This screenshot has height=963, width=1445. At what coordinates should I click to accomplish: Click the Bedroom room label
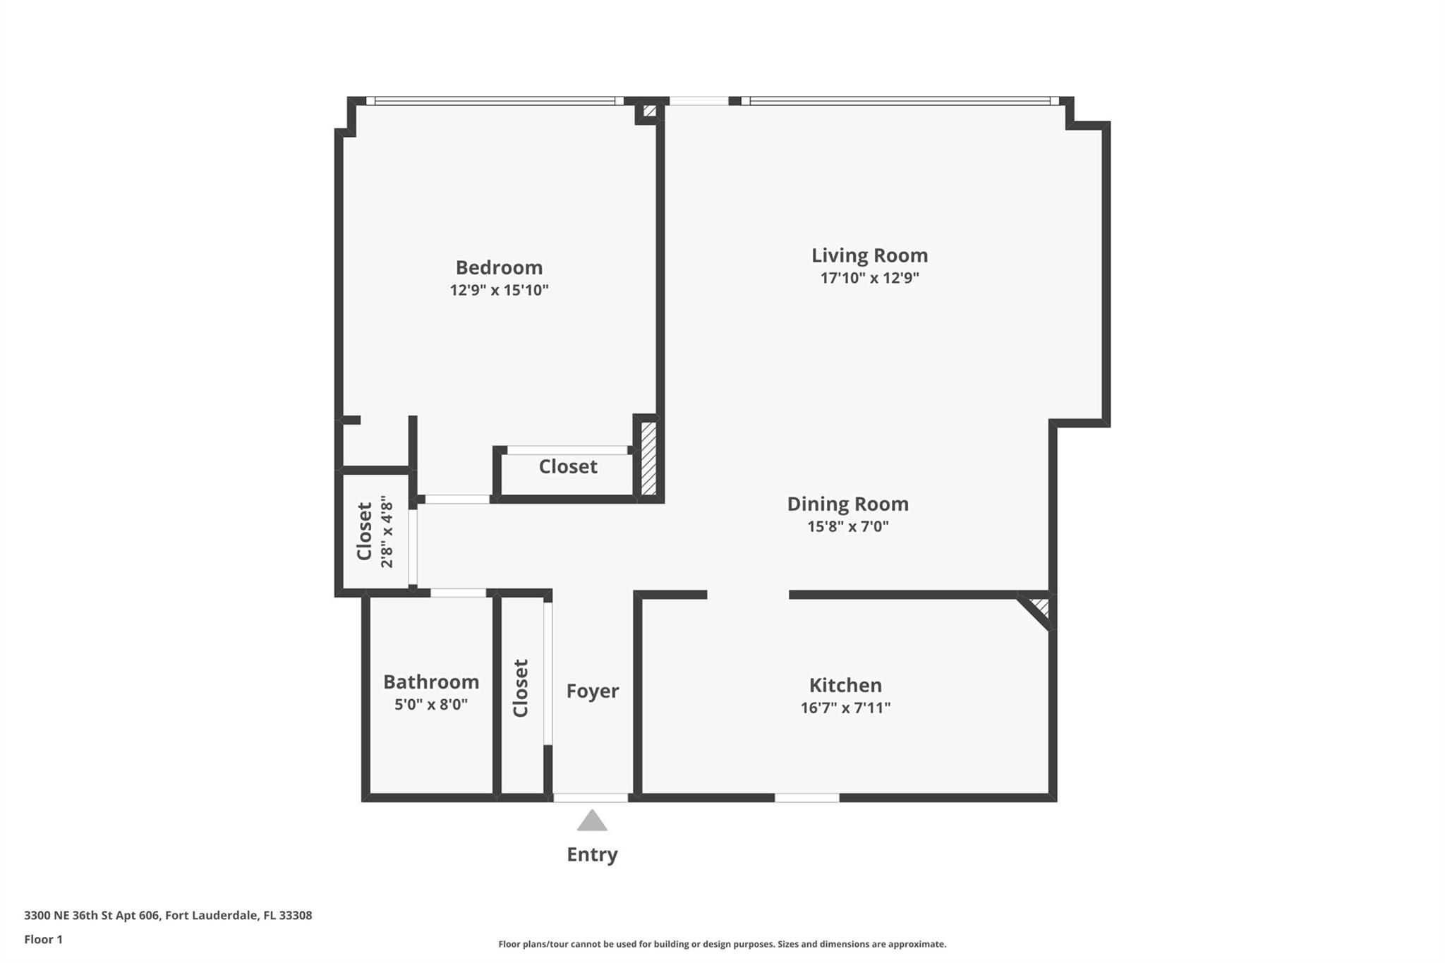(x=499, y=267)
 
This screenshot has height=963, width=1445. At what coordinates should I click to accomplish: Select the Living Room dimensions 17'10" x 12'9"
(x=869, y=278)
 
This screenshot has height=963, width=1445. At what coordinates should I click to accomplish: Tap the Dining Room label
(x=847, y=504)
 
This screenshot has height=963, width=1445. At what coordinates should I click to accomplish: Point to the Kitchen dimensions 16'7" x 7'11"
(x=845, y=708)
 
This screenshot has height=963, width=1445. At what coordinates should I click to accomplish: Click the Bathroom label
(x=431, y=682)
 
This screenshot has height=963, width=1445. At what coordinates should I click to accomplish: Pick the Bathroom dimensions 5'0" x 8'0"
(x=431, y=704)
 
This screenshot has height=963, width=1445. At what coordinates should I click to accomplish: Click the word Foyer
(x=593, y=691)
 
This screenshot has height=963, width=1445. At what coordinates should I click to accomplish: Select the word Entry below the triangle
(x=592, y=854)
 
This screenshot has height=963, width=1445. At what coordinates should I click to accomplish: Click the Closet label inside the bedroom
(x=568, y=466)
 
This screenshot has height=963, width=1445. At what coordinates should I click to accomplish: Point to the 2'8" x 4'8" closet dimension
(x=387, y=531)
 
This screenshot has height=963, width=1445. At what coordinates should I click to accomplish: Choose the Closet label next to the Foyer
(x=521, y=688)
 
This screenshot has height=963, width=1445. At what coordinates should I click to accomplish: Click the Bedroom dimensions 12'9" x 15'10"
(x=499, y=290)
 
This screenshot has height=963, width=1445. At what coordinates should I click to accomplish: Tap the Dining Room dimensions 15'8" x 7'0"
(x=847, y=526)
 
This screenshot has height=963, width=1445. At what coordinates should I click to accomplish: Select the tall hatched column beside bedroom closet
(x=648, y=458)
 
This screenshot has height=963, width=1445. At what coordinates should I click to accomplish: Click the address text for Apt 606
(x=168, y=916)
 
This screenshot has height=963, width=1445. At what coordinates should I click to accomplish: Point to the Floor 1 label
(x=43, y=940)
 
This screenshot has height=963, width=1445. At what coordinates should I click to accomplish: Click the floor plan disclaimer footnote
(x=722, y=944)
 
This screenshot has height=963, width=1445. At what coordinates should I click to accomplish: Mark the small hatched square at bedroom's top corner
(x=650, y=111)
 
